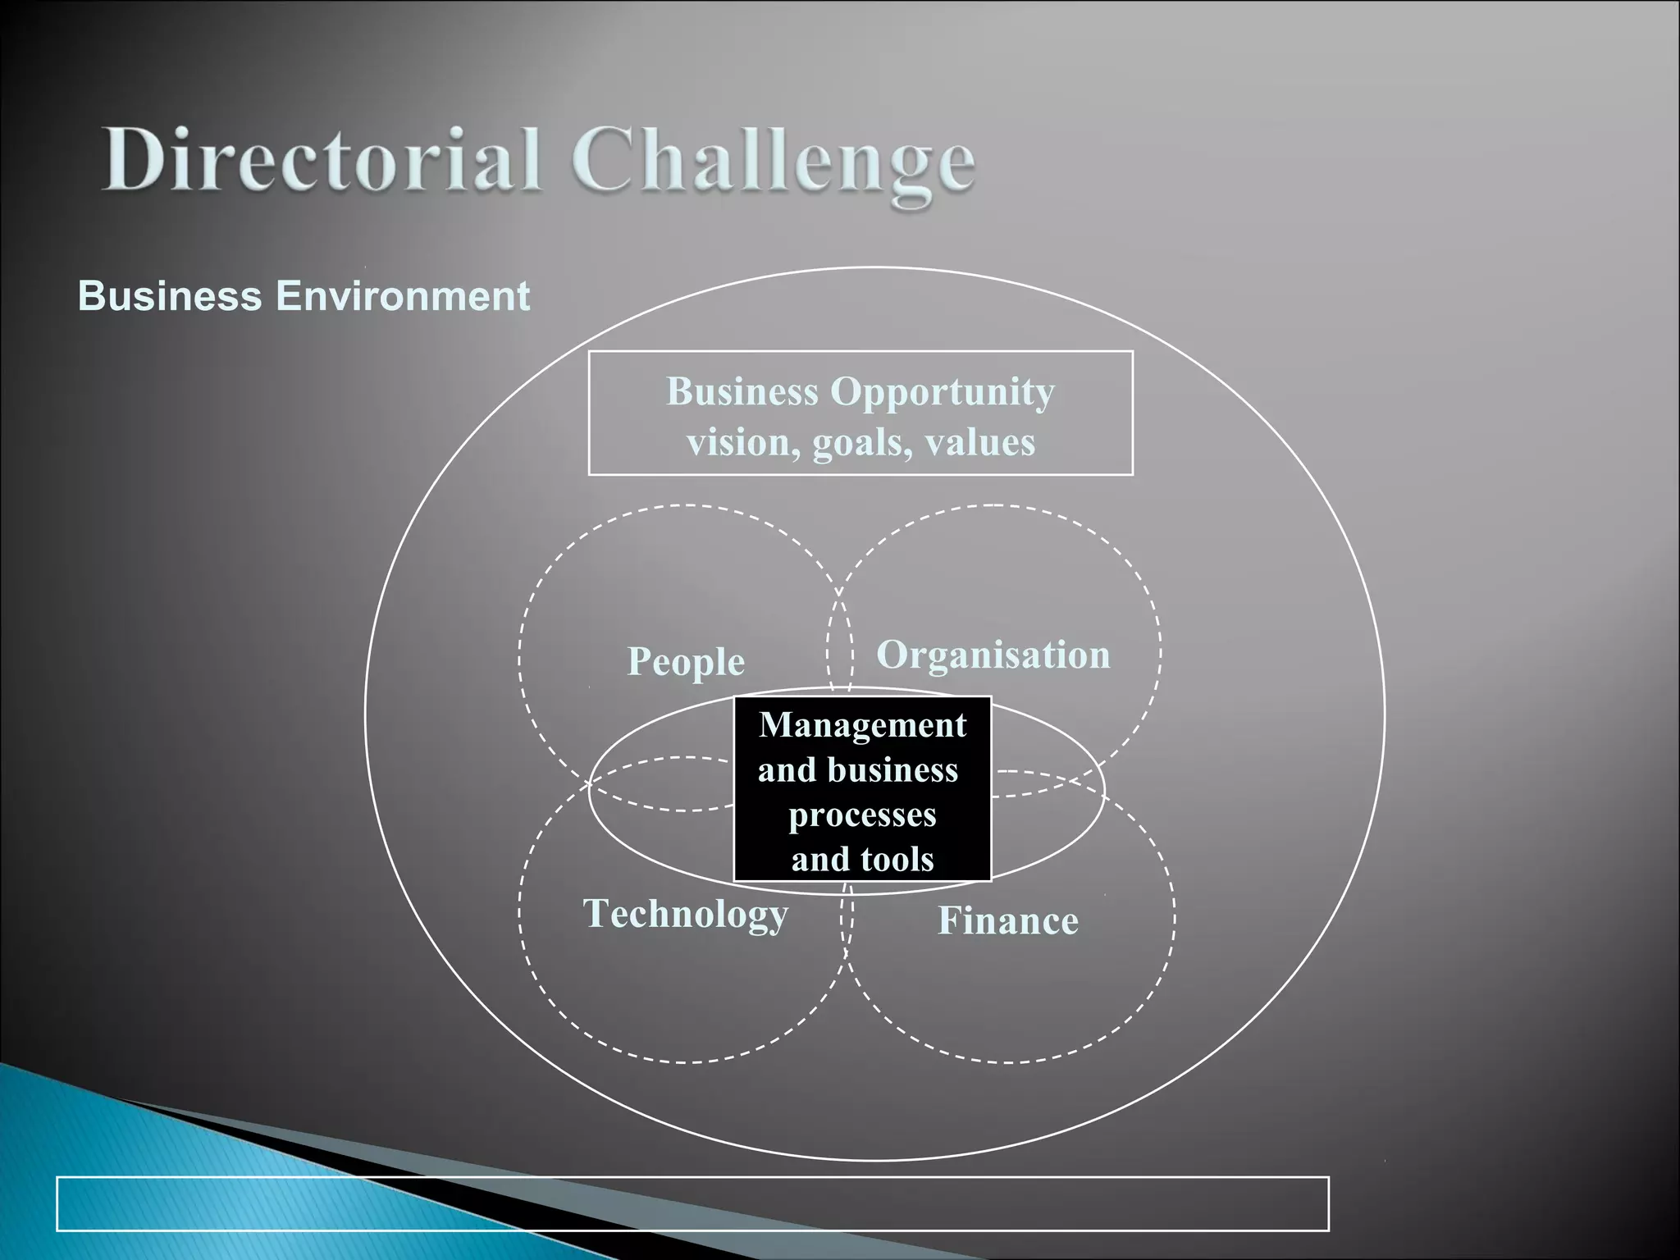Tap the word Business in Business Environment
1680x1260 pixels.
coord(169,296)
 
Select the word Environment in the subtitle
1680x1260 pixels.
coord(403,296)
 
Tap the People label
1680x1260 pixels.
coord(686,662)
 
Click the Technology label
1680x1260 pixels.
coord(686,915)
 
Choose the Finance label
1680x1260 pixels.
coord(1008,921)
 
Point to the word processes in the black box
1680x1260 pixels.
coord(862,815)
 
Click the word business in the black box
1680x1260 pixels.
coord(892,770)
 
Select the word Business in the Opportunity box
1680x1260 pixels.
coord(742,392)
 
